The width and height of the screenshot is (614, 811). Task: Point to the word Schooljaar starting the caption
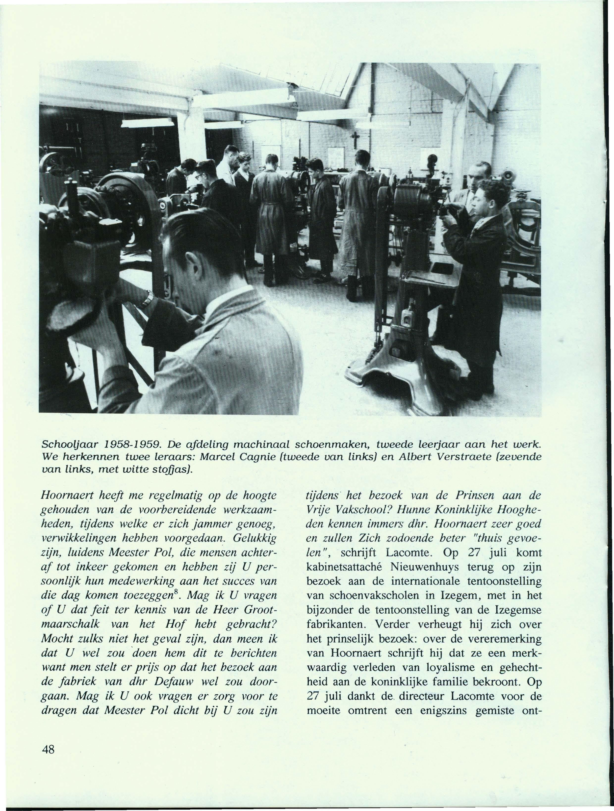coord(66,445)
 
